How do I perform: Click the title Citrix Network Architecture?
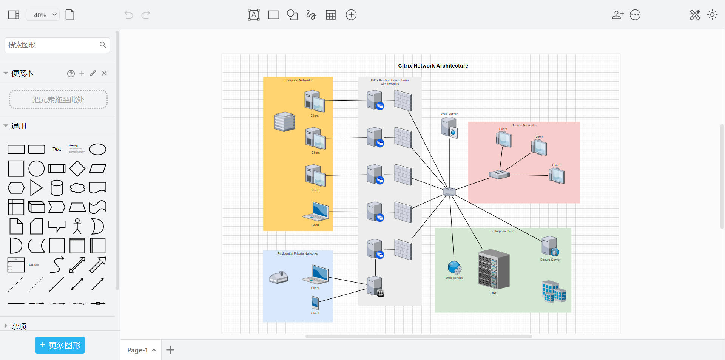[433, 66]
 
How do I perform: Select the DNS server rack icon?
[494, 269]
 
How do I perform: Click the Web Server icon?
[449, 127]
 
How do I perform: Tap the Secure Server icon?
[550, 246]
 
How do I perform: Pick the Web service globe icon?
[454, 267]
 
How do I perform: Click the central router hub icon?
[449, 192]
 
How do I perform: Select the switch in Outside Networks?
[499, 174]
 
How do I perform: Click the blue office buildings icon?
[554, 292]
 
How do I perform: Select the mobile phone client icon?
[315, 303]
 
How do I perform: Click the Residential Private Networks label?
[298, 253]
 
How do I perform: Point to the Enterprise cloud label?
[503, 231]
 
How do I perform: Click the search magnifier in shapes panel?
[103, 45]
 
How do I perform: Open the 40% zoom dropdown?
[43, 15]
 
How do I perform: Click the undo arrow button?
[129, 15]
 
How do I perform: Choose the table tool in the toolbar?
[331, 15]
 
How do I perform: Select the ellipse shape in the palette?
[97, 149]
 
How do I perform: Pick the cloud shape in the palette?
[77, 188]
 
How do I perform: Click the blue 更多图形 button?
[60, 345]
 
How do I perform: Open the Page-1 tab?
[138, 350]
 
